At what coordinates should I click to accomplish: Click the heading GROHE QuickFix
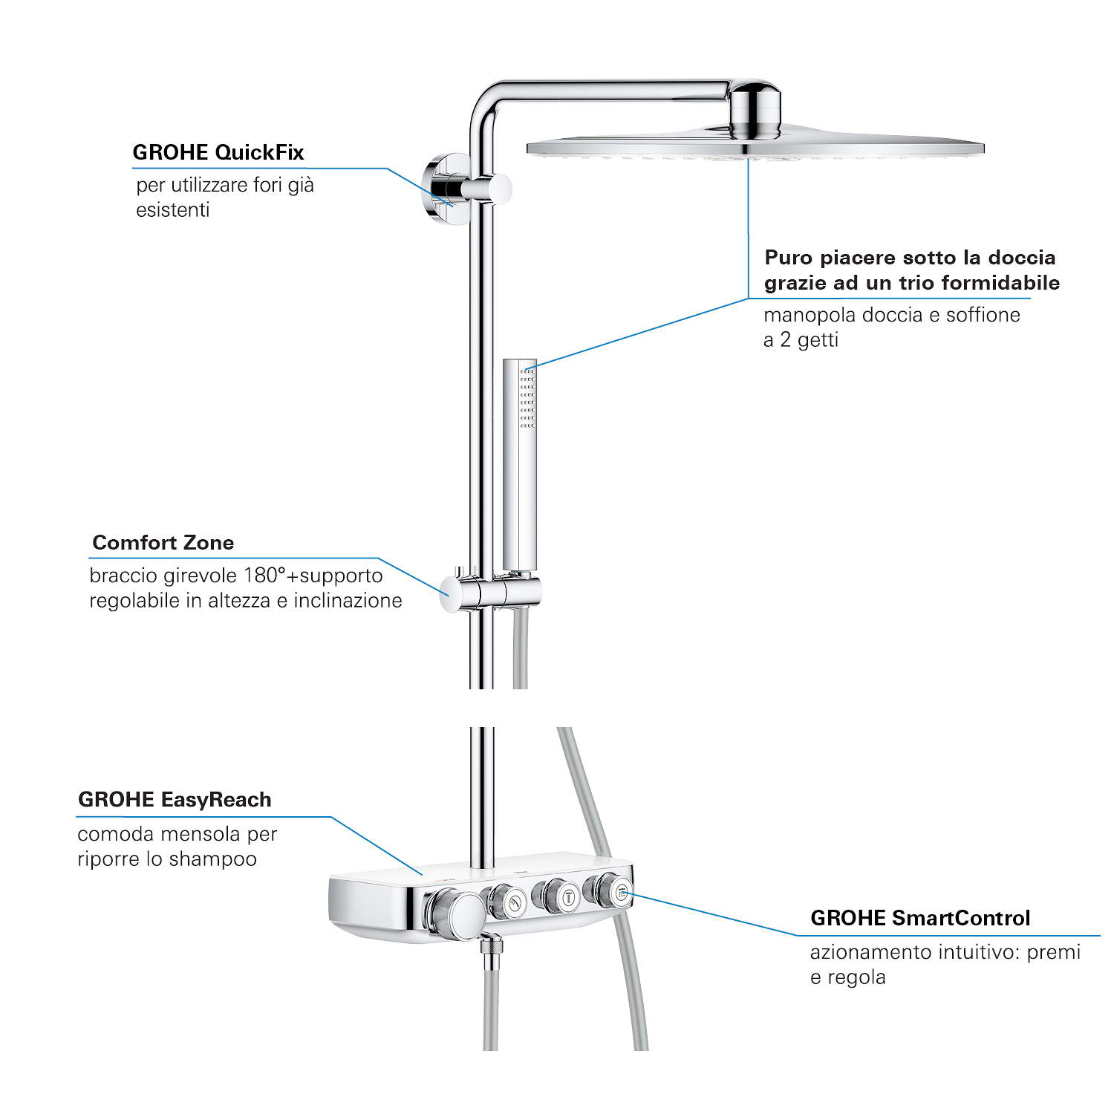click(218, 152)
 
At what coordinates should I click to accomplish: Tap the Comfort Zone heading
click(163, 543)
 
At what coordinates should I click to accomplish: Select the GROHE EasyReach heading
click(175, 800)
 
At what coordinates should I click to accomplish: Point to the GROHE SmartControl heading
click(920, 918)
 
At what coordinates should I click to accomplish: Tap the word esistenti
click(173, 210)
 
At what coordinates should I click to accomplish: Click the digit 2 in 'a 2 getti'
click(785, 340)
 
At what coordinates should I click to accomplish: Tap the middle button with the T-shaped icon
click(568, 897)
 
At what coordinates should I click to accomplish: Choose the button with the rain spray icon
click(621, 892)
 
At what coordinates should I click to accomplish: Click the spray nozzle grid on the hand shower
click(527, 398)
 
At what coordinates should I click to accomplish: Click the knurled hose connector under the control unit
click(491, 951)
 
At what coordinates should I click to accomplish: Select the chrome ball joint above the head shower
click(755, 111)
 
